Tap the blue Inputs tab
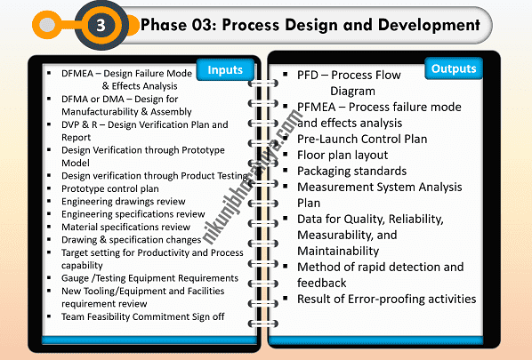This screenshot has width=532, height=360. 224,69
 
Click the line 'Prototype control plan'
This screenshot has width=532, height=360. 110,188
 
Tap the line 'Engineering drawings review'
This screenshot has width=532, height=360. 124,202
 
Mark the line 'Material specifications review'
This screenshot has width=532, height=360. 125,227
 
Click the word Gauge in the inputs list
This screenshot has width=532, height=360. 77,278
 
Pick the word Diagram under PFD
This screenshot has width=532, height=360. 352,91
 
